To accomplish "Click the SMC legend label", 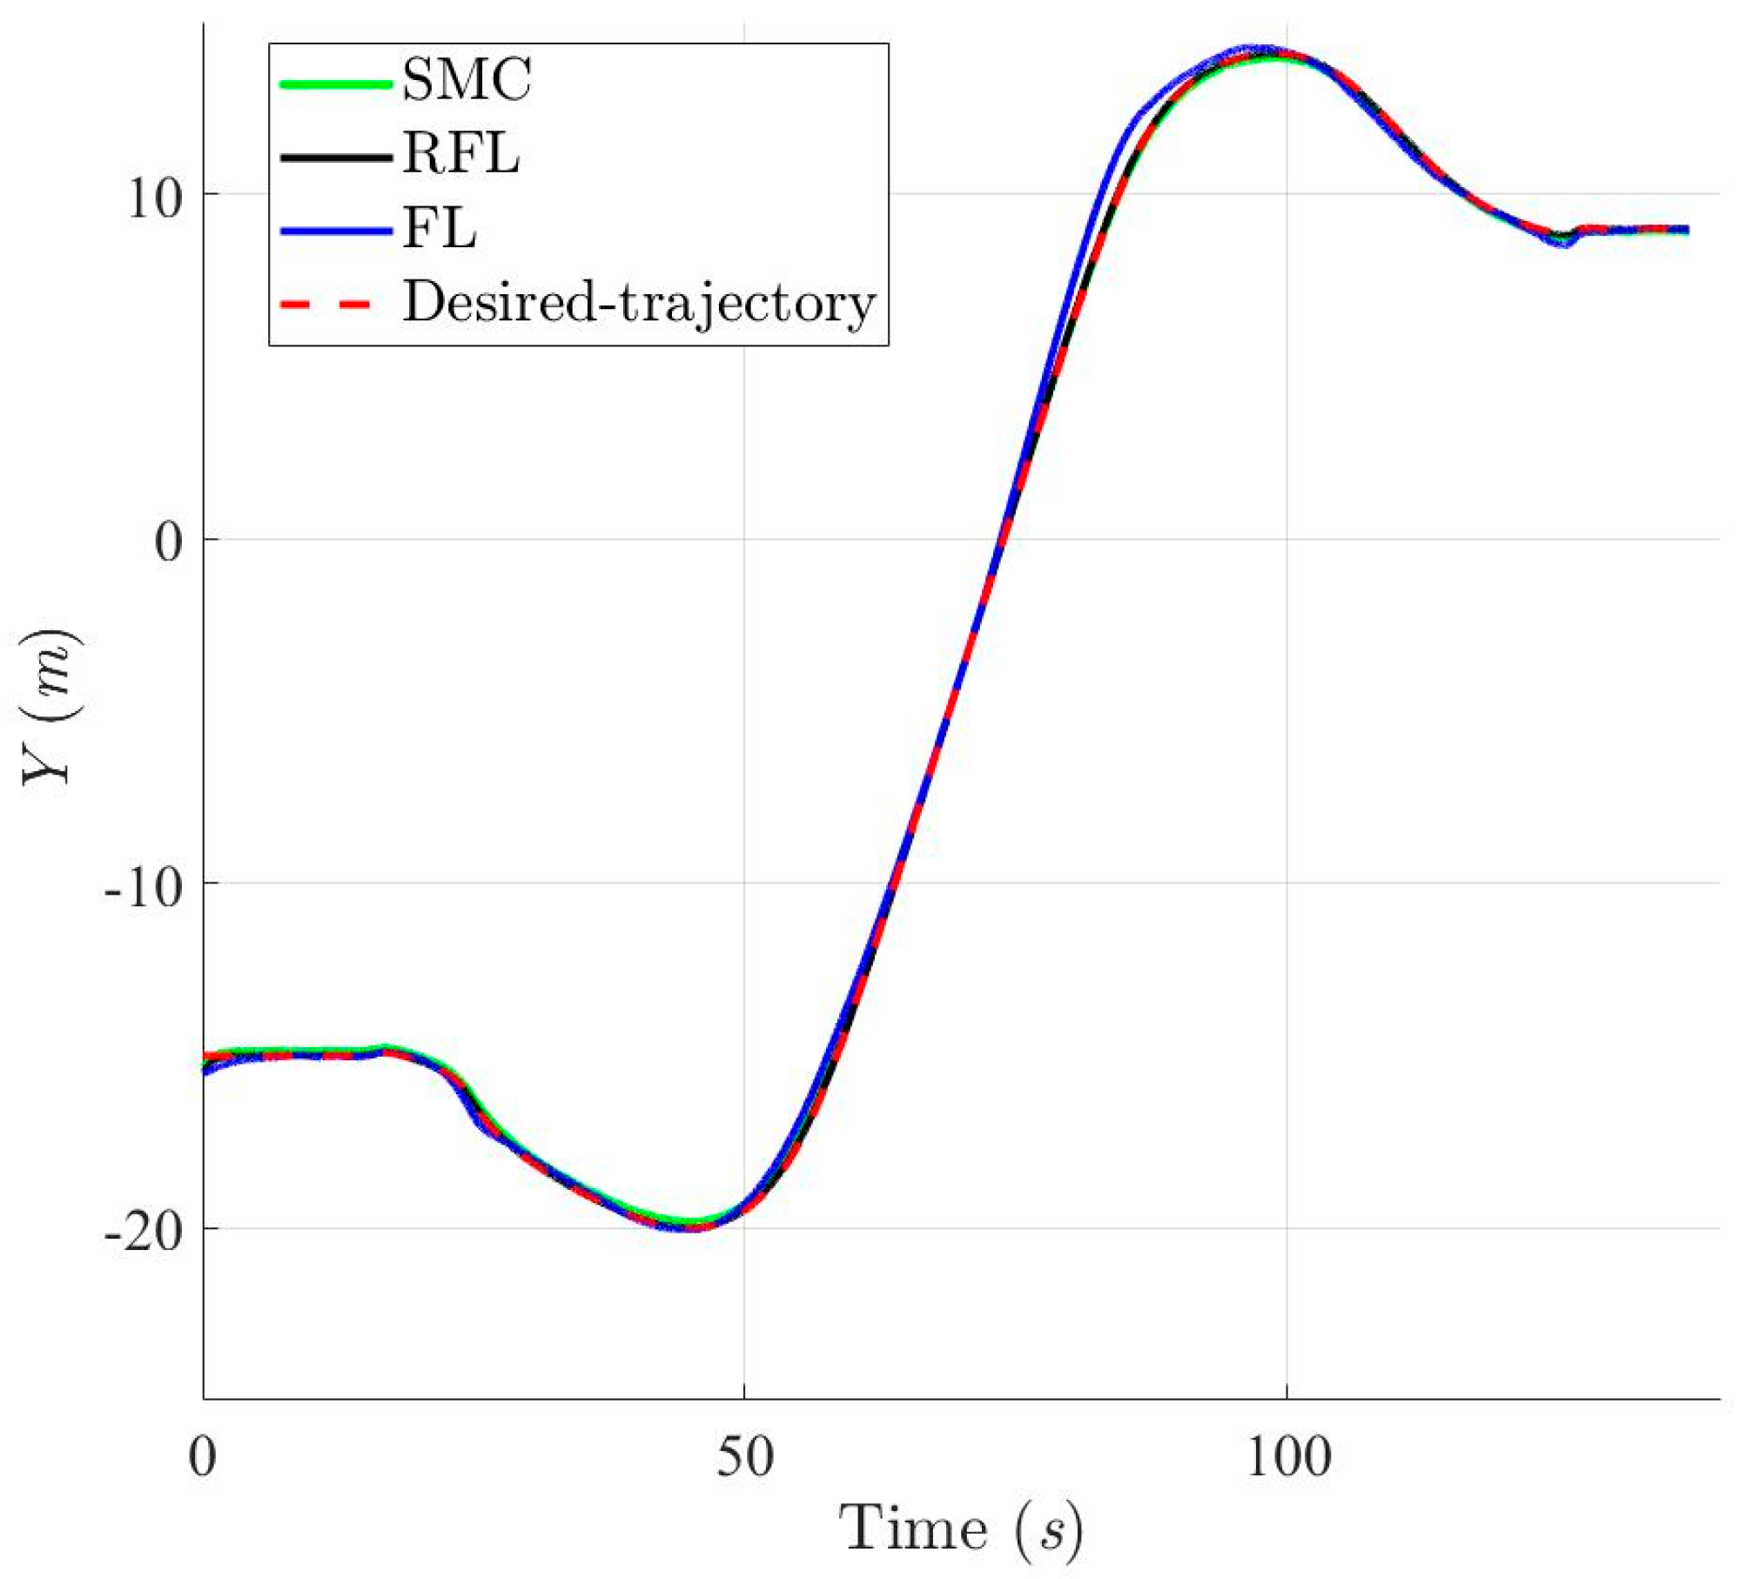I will [467, 80].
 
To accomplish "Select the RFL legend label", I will [461, 154].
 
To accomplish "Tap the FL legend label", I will [440, 230].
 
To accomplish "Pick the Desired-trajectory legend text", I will [639, 304].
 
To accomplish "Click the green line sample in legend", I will [336, 84].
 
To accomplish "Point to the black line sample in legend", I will [336, 158].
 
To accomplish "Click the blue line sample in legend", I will [336, 232].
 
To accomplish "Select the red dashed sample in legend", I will [327, 305].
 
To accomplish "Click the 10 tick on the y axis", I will [155, 198].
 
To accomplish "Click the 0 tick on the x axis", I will [203, 1456].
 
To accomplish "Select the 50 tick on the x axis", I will [745, 1456].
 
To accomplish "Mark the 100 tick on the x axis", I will [1288, 1456].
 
